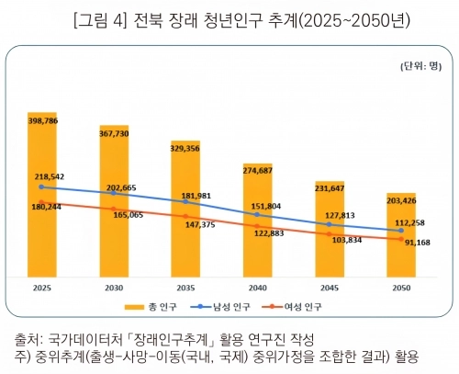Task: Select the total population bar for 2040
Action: (258, 221)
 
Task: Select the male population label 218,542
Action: (52, 174)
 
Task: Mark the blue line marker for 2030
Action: (113, 193)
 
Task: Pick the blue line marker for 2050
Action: (401, 231)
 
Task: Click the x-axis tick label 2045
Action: (330, 288)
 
